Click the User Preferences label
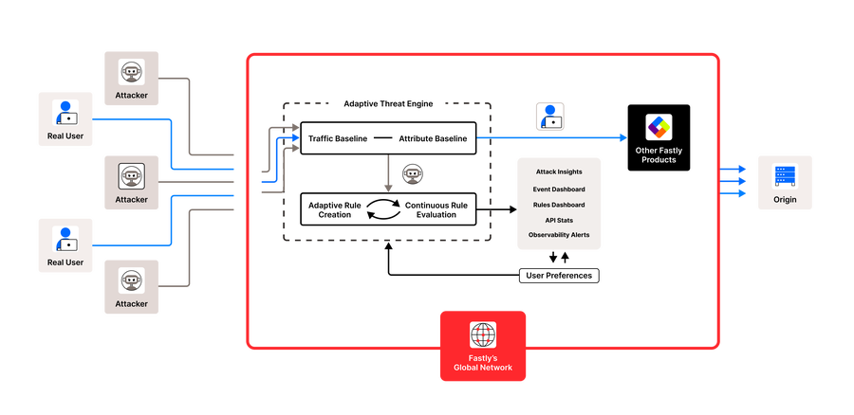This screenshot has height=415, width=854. point(559,276)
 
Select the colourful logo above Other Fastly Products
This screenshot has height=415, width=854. point(659,127)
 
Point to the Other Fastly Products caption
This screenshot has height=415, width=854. point(657,154)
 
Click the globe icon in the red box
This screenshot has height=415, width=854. point(483,334)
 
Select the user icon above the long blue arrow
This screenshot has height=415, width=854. point(549,116)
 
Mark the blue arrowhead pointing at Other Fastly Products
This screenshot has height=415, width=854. point(622,138)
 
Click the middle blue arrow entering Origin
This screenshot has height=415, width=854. point(735,181)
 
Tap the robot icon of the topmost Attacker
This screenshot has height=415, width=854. point(132,73)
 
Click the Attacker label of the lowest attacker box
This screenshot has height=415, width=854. point(132,304)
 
